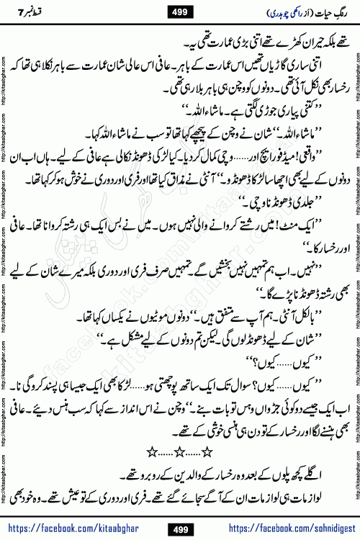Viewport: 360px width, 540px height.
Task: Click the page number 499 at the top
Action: pyautogui.click(x=179, y=11)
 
